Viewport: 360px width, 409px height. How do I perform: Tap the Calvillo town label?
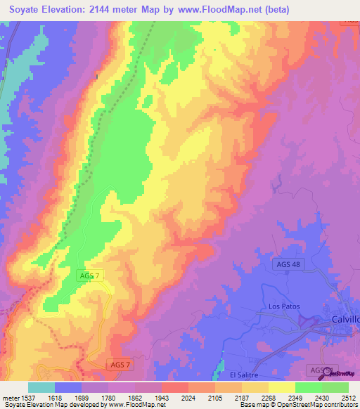[345, 319]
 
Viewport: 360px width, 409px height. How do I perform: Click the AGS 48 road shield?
[287, 264]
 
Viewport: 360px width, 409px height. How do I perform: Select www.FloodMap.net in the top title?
[222, 10]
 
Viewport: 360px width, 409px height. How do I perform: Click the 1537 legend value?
[27, 397]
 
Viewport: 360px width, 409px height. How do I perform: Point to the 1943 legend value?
[161, 397]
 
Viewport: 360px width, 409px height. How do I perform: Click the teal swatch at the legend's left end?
[41, 387]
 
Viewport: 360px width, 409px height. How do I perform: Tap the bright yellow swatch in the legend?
[281, 387]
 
